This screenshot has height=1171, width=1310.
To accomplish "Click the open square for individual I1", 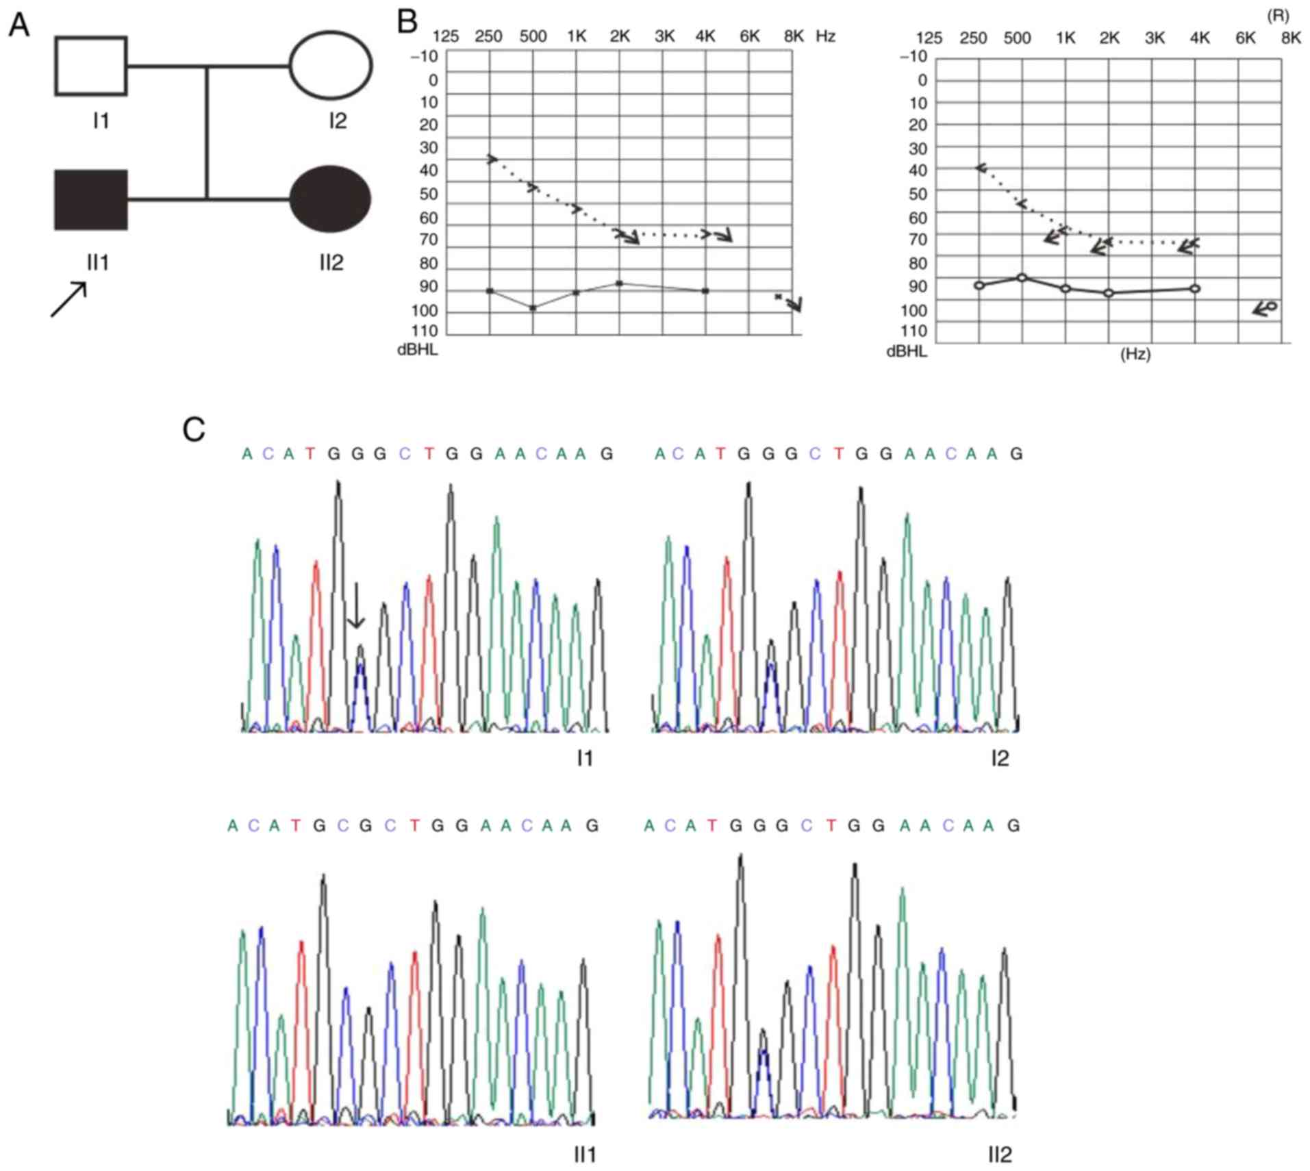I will (90, 66).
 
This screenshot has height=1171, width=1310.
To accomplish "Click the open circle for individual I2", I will (331, 66).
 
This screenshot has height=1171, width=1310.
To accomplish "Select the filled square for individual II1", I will (90, 200).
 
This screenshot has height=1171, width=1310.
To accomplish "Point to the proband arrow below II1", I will (69, 299).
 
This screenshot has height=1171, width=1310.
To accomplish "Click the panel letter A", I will (18, 26).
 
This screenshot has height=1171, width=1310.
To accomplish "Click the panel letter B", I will (407, 22).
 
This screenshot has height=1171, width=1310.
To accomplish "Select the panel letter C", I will (194, 430).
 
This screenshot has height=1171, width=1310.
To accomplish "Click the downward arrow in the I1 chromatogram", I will (355, 605).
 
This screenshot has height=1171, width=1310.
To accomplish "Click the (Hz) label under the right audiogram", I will (1135, 355).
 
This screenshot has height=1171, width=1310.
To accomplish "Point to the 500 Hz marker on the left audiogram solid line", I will (533, 308).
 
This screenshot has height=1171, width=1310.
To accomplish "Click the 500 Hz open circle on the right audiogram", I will (1022, 277).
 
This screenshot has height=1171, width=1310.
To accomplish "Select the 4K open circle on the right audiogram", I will (1195, 288).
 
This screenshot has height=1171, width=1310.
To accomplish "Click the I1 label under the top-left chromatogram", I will (585, 758).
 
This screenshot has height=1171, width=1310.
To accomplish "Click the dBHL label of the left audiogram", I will (418, 351).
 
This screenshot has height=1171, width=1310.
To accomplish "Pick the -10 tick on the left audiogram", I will (424, 56).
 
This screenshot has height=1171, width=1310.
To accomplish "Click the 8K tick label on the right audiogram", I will (1290, 38).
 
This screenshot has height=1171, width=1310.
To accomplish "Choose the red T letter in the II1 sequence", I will (295, 826).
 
